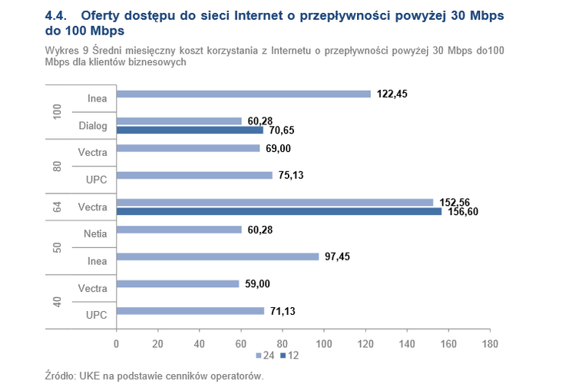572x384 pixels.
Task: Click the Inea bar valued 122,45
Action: pos(243,94)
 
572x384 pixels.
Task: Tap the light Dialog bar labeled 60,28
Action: pos(179,121)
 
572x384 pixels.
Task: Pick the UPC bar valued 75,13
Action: pos(194,175)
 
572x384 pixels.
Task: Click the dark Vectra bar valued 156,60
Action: pos(279,211)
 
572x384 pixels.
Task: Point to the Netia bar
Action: pos(179,230)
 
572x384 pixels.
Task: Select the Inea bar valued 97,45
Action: pos(217,257)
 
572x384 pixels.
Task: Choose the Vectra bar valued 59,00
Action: pos(177,283)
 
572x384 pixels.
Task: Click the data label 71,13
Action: pos(283,311)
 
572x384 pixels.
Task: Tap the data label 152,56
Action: pos(455,202)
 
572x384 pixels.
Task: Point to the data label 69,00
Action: pos(279,148)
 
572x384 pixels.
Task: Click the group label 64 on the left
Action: pos(57,207)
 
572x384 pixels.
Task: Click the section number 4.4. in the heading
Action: pos(58,15)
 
